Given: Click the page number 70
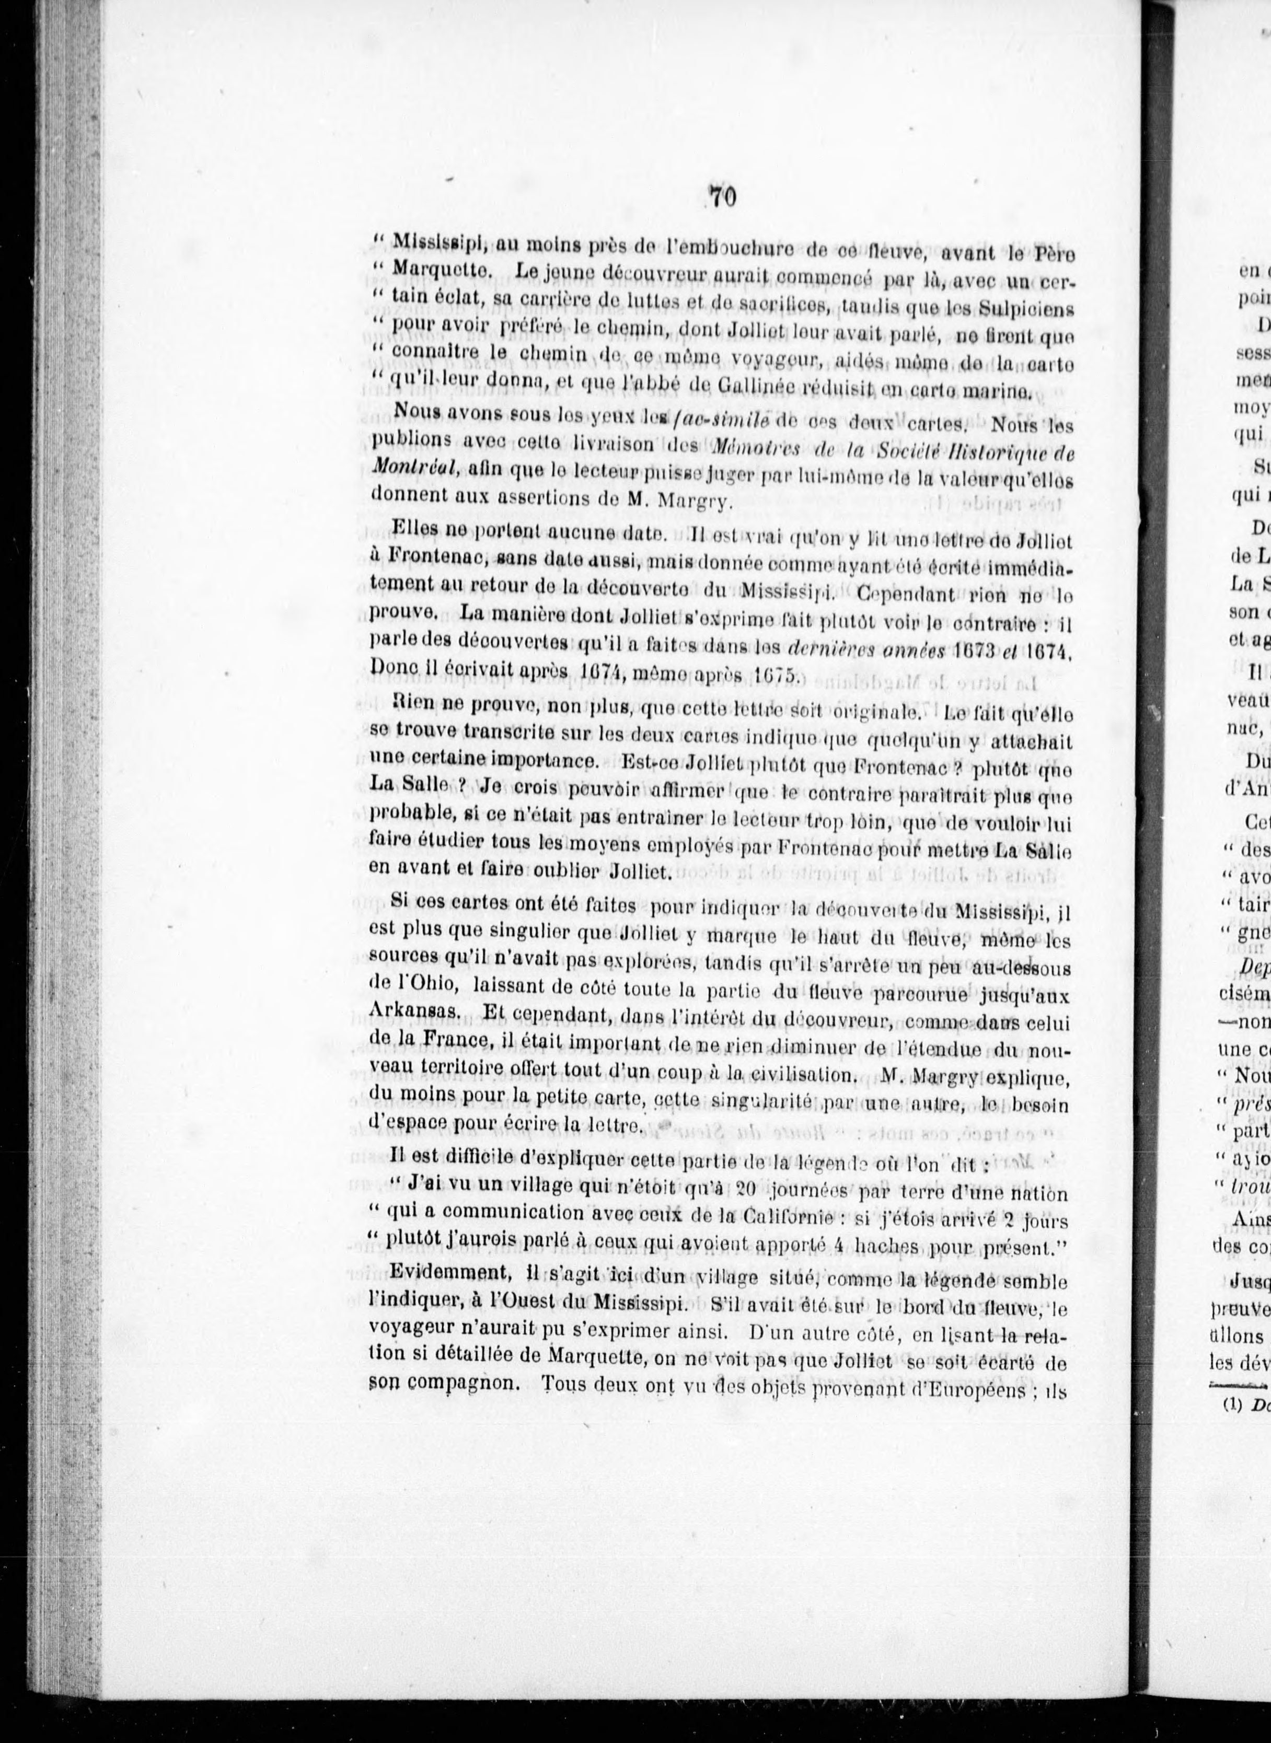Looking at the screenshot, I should click(x=723, y=197).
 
